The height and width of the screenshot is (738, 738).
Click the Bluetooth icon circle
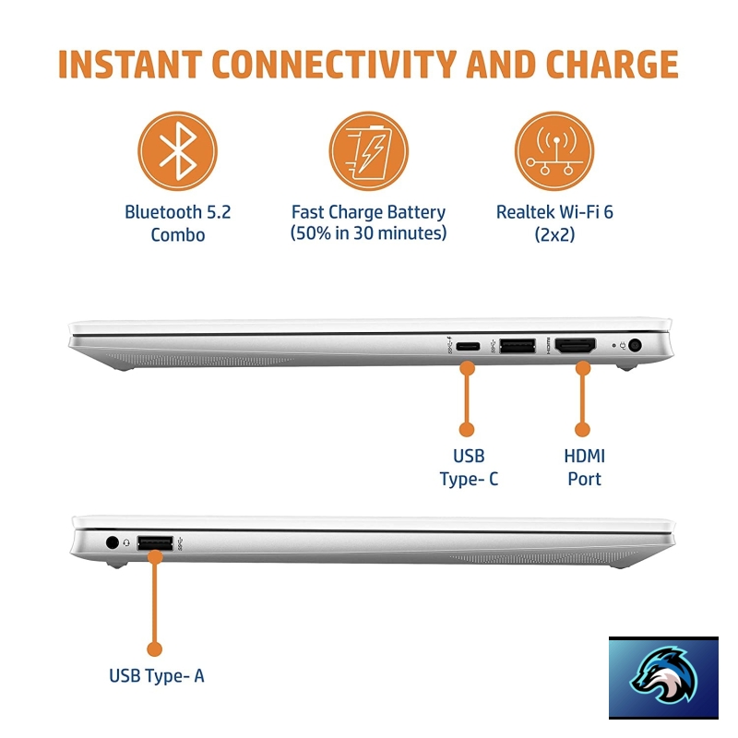coord(177,151)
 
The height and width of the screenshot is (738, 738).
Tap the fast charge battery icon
coord(368,151)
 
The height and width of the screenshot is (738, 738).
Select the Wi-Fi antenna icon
coord(554,151)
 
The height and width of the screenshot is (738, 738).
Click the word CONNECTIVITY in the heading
coord(334,64)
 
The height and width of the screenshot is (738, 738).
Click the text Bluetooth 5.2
coord(177,212)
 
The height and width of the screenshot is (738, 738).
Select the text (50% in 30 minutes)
coord(368,233)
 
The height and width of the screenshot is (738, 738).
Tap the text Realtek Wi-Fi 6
coord(554,212)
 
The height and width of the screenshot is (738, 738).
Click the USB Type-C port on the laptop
coord(468,347)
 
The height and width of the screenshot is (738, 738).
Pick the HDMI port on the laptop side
coord(575,346)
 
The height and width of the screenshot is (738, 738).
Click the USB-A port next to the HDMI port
coord(518,346)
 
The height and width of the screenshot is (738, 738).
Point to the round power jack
coord(635,345)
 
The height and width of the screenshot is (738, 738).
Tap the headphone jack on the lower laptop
coord(112,542)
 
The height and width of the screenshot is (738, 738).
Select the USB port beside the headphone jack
coord(155,543)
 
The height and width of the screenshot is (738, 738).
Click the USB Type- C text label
coord(469,468)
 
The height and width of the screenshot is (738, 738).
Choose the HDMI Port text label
coord(584,468)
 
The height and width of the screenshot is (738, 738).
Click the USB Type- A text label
coord(156,676)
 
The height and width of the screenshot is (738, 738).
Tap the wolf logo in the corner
coord(663,679)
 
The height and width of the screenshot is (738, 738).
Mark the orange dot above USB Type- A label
coord(154,649)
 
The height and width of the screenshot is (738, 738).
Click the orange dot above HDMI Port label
coord(583,429)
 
